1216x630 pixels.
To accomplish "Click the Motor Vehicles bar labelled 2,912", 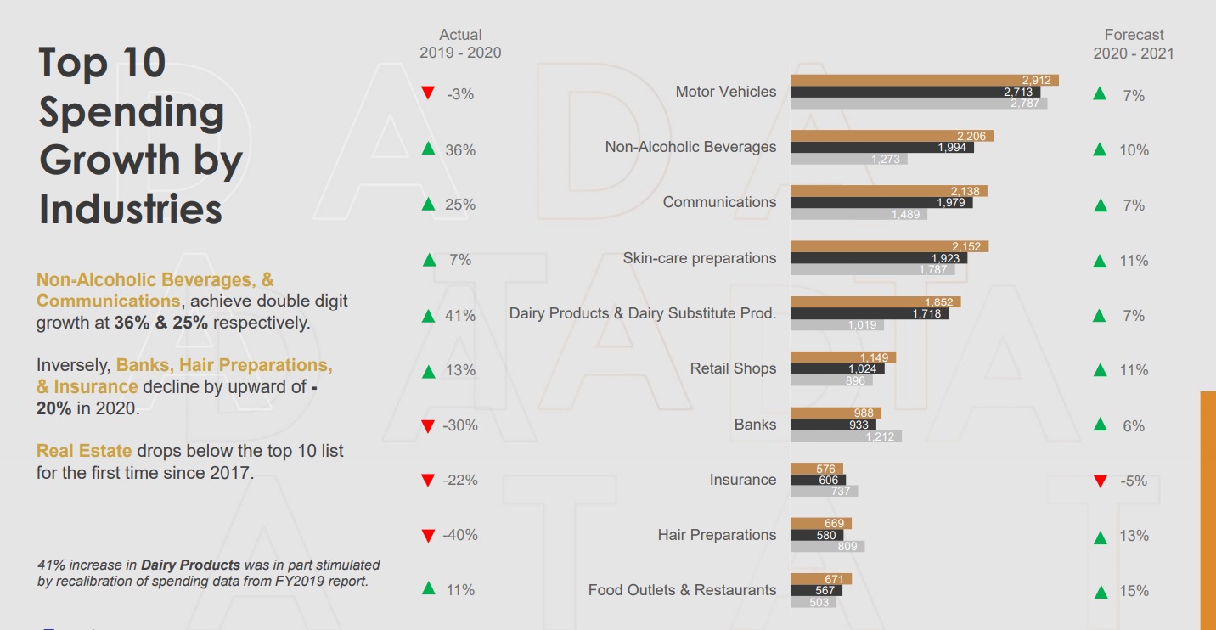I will (924, 80).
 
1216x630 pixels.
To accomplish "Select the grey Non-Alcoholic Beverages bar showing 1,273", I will (848, 159).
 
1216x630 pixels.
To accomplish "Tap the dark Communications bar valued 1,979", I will (881, 202).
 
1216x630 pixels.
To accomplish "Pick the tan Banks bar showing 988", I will (836, 413).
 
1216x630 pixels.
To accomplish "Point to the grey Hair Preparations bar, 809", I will (827, 547).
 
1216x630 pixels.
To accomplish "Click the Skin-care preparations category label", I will (699, 258).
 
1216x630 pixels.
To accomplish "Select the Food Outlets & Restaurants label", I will (682, 590).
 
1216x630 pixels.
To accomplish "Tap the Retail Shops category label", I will (733, 368).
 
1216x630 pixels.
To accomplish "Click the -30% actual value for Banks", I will (460, 425).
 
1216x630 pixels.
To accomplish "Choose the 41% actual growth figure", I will (460, 315).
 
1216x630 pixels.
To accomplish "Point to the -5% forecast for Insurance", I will (1134, 481).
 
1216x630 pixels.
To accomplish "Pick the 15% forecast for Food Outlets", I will (1134, 591).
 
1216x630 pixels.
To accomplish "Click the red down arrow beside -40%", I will (429, 536).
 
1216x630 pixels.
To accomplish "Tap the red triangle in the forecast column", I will (1101, 481).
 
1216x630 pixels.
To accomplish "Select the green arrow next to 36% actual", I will (429, 149).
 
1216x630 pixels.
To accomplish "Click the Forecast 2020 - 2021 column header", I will (1134, 43).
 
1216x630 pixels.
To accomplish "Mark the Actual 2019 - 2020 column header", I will (460, 43).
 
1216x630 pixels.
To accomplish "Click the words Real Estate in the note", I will (84, 451).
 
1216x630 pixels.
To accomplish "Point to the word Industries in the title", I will (131, 209).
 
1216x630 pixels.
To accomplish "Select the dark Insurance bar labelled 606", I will (818, 480).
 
